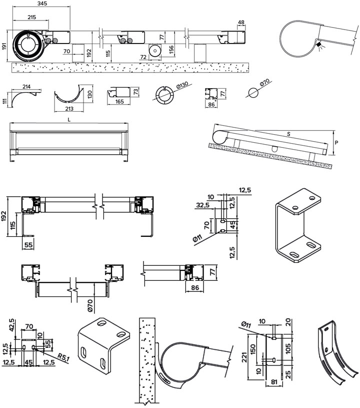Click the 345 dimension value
[42, 4]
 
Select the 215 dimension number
[31, 17]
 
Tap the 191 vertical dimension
[4, 47]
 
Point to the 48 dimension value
[241, 22]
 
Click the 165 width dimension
[120, 101]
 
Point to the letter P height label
[337, 142]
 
